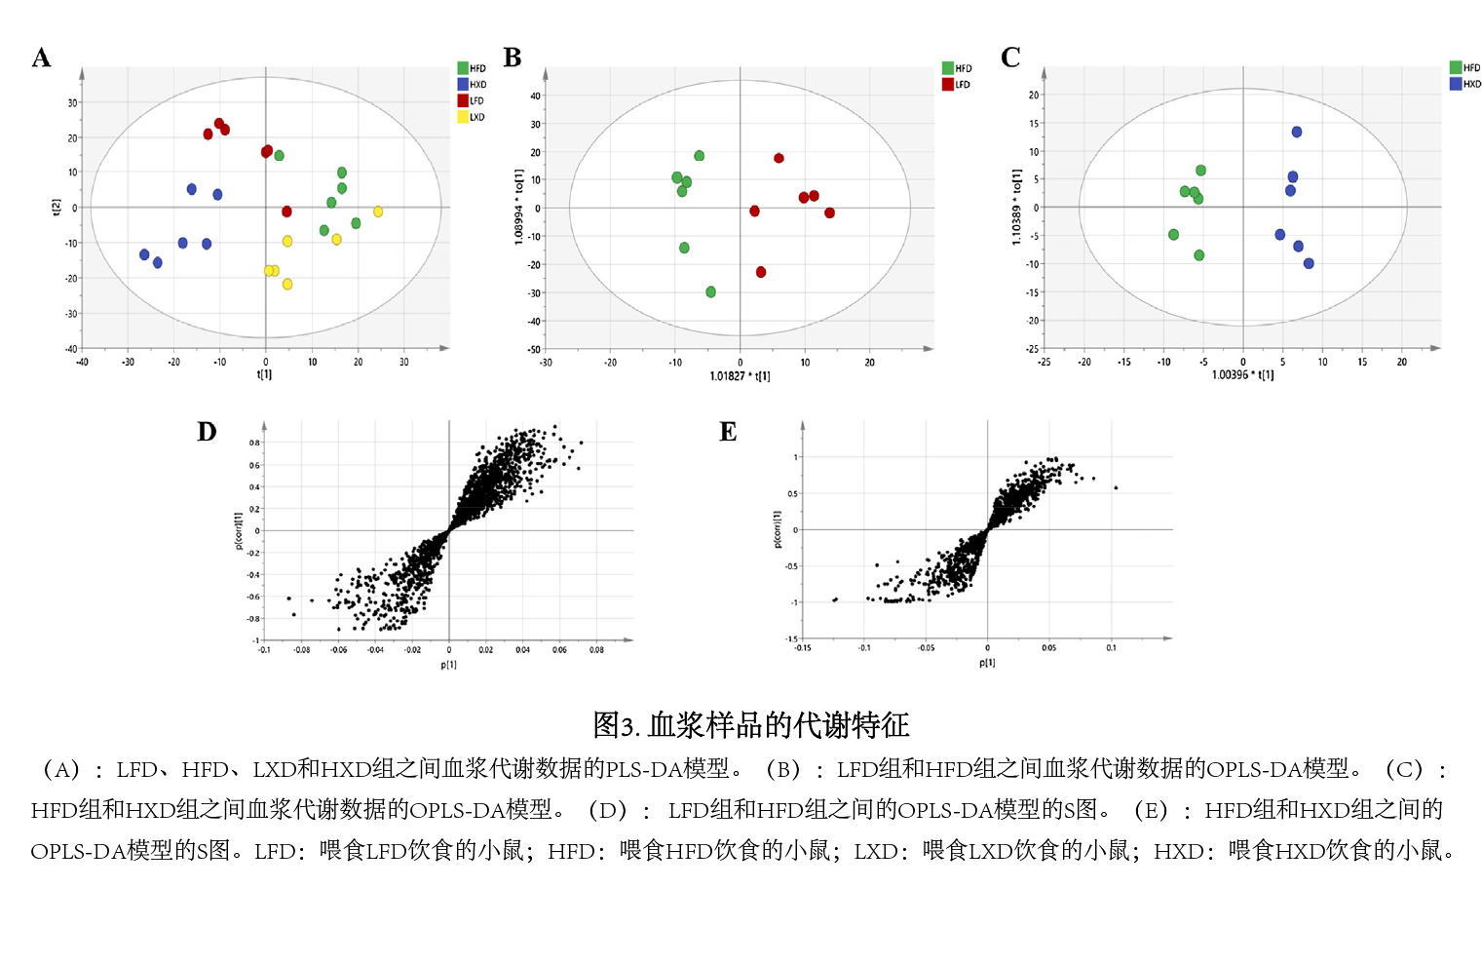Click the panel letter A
(x=41, y=58)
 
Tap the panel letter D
(x=207, y=432)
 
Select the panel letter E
(x=728, y=432)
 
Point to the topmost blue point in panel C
(x=1297, y=132)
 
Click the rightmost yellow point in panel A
(x=378, y=212)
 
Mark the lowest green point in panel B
(x=711, y=291)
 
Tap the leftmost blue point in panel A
(x=144, y=254)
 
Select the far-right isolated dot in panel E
(x=1116, y=487)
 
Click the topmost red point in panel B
(x=779, y=158)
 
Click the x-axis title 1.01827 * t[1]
(x=740, y=376)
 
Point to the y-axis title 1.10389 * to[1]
(x=1016, y=208)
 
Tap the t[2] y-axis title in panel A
(x=56, y=207)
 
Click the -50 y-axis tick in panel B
(x=534, y=349)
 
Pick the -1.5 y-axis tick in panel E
(x=792, y=638)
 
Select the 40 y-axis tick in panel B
(x=535, y=96)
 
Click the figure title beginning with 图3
(x=750, y=725)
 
